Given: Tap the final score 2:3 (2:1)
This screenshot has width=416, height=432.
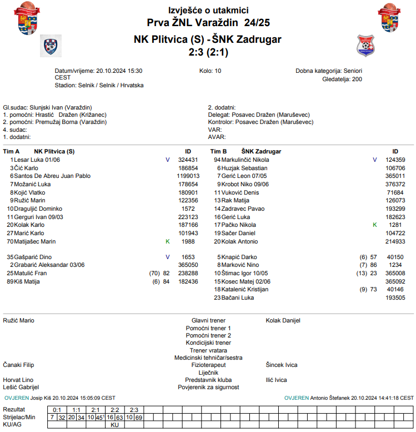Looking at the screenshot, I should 208,52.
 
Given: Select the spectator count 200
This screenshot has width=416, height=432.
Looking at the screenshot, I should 357,80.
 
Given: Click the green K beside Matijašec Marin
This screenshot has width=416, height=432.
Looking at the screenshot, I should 168,241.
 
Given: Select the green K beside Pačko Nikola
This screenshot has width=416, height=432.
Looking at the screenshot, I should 375,225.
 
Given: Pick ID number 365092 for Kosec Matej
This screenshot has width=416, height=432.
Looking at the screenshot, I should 395,281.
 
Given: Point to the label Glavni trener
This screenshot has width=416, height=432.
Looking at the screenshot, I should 208,321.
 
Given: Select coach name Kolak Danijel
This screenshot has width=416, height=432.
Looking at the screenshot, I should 283,321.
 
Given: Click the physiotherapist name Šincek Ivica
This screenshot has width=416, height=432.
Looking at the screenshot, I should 282,365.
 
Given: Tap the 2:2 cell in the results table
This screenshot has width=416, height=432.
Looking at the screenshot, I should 114,410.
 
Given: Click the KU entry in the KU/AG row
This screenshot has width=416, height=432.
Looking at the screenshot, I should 115,424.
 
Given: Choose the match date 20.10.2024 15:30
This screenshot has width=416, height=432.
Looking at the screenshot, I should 119,71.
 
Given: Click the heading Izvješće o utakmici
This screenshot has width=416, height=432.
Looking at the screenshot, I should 208,11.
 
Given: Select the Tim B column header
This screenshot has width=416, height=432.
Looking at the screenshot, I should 218,151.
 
